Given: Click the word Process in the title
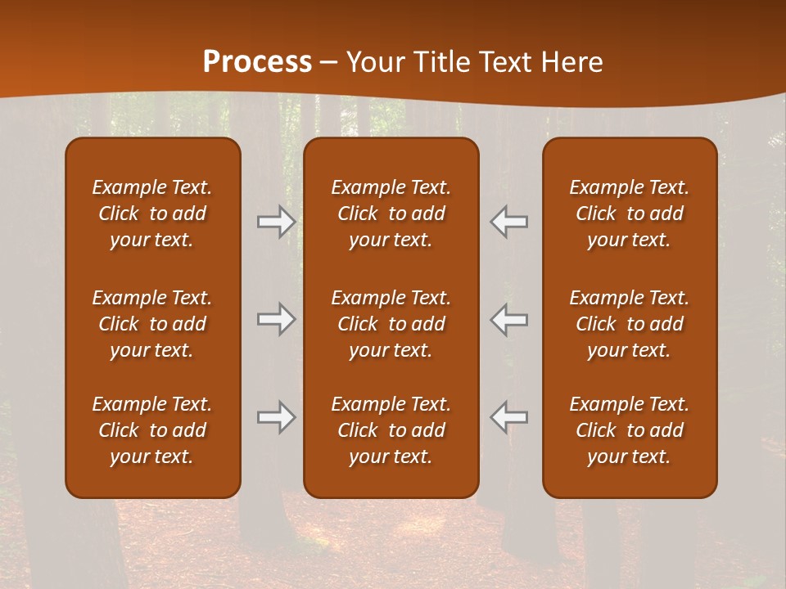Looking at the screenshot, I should pyautogui.click(x=257, y=61).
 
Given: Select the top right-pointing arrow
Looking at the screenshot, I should pyautogui.click(x=277, y=221).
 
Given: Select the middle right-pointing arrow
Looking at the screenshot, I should pyautogui.click(x=277, y=319).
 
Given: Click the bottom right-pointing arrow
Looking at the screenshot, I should pyautogui.click(x=277, y=417).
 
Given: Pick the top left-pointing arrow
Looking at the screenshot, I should pyautogui.click(x=509, y=221).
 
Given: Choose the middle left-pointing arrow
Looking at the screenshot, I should pyautogui.click(x=509, y=319).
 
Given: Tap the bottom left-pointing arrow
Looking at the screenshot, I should pyautogui.click(x=509, y=417).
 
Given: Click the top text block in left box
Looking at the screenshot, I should pyautogui.click(x=152, y=214).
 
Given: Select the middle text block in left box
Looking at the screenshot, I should pyautogui.click(x=152, y=324).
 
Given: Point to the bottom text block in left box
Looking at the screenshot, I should pyautogui.click(x=152, y=430).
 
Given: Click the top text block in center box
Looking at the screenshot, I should pyautogui.click(x=391, y=214).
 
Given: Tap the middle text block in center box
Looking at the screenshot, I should pyautogui.click(x=391, y=324).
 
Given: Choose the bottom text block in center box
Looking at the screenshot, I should pyautogui.click(x=391, y=430).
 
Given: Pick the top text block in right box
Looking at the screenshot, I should pyautogui.click(x=630, y=214).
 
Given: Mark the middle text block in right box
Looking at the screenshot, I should pyautogui.click(x=630, y=324).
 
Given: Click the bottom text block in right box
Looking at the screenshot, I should pyautogui.click(x=630, y=430).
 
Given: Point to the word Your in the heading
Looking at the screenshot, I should pyautogui.click(x=373, y=61).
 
